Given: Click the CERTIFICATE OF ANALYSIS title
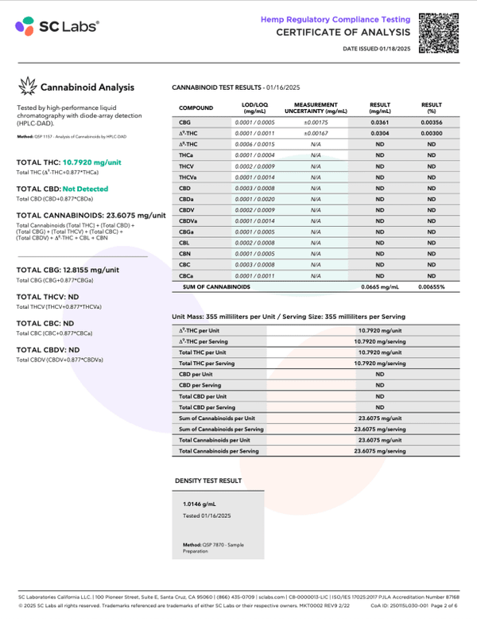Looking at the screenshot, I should [x=343, y=33].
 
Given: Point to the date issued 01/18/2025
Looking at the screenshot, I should [x=376, y=50].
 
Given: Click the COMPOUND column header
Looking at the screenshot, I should [x=196, y=107].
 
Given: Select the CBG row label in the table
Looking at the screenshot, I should [x=185, y=123].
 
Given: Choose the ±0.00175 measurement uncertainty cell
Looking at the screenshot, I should [x=316, y=123].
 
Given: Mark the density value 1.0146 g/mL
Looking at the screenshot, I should [x=200, y=504].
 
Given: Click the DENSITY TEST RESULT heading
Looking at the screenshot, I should [x=208, y=481].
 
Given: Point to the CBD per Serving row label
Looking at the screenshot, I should [x=200, y=385].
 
